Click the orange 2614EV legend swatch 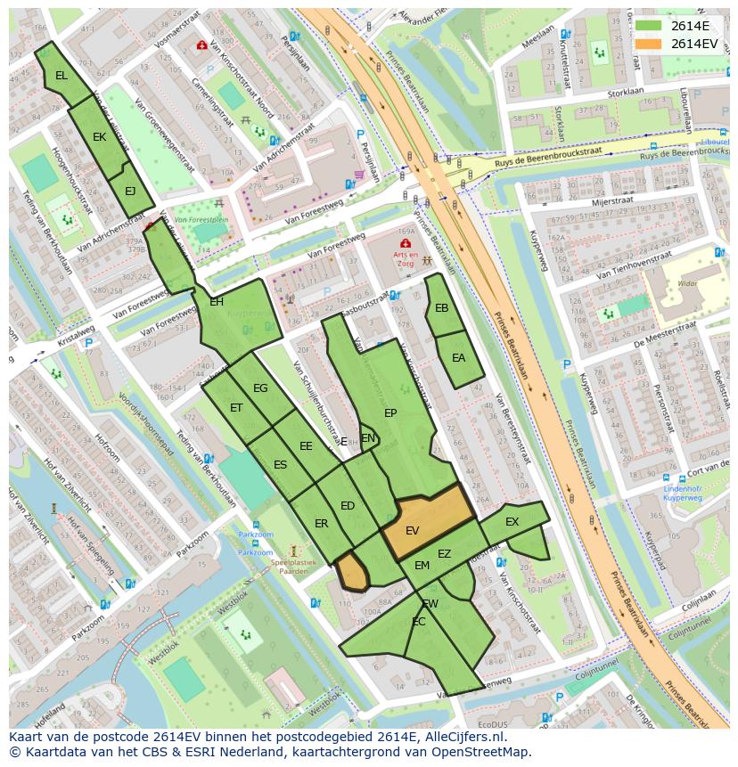[649, 44]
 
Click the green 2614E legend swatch [649, 26]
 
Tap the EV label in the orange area [412, 530]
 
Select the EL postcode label [61, 76]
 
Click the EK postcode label [99, 137]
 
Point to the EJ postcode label [130, 191]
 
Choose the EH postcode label [217, 302]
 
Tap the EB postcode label [441, 308]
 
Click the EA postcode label [458, 358]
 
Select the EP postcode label [390, 413]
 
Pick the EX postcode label [512, 522]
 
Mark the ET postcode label [236, 408]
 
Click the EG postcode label [260, 388]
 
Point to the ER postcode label [321, 524]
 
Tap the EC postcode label [419, 622]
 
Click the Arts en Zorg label [406, 259]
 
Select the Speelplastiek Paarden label [295, 567]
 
